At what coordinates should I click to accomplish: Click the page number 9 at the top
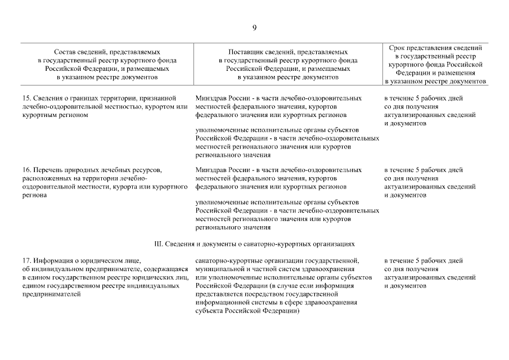(254, 28)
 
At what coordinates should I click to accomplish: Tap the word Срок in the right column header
(400, 48)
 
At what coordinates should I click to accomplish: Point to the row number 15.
(26, 98)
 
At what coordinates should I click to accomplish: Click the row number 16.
(26, 170)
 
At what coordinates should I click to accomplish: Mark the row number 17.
(26, 261)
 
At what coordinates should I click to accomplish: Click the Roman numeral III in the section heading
(157, 245)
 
